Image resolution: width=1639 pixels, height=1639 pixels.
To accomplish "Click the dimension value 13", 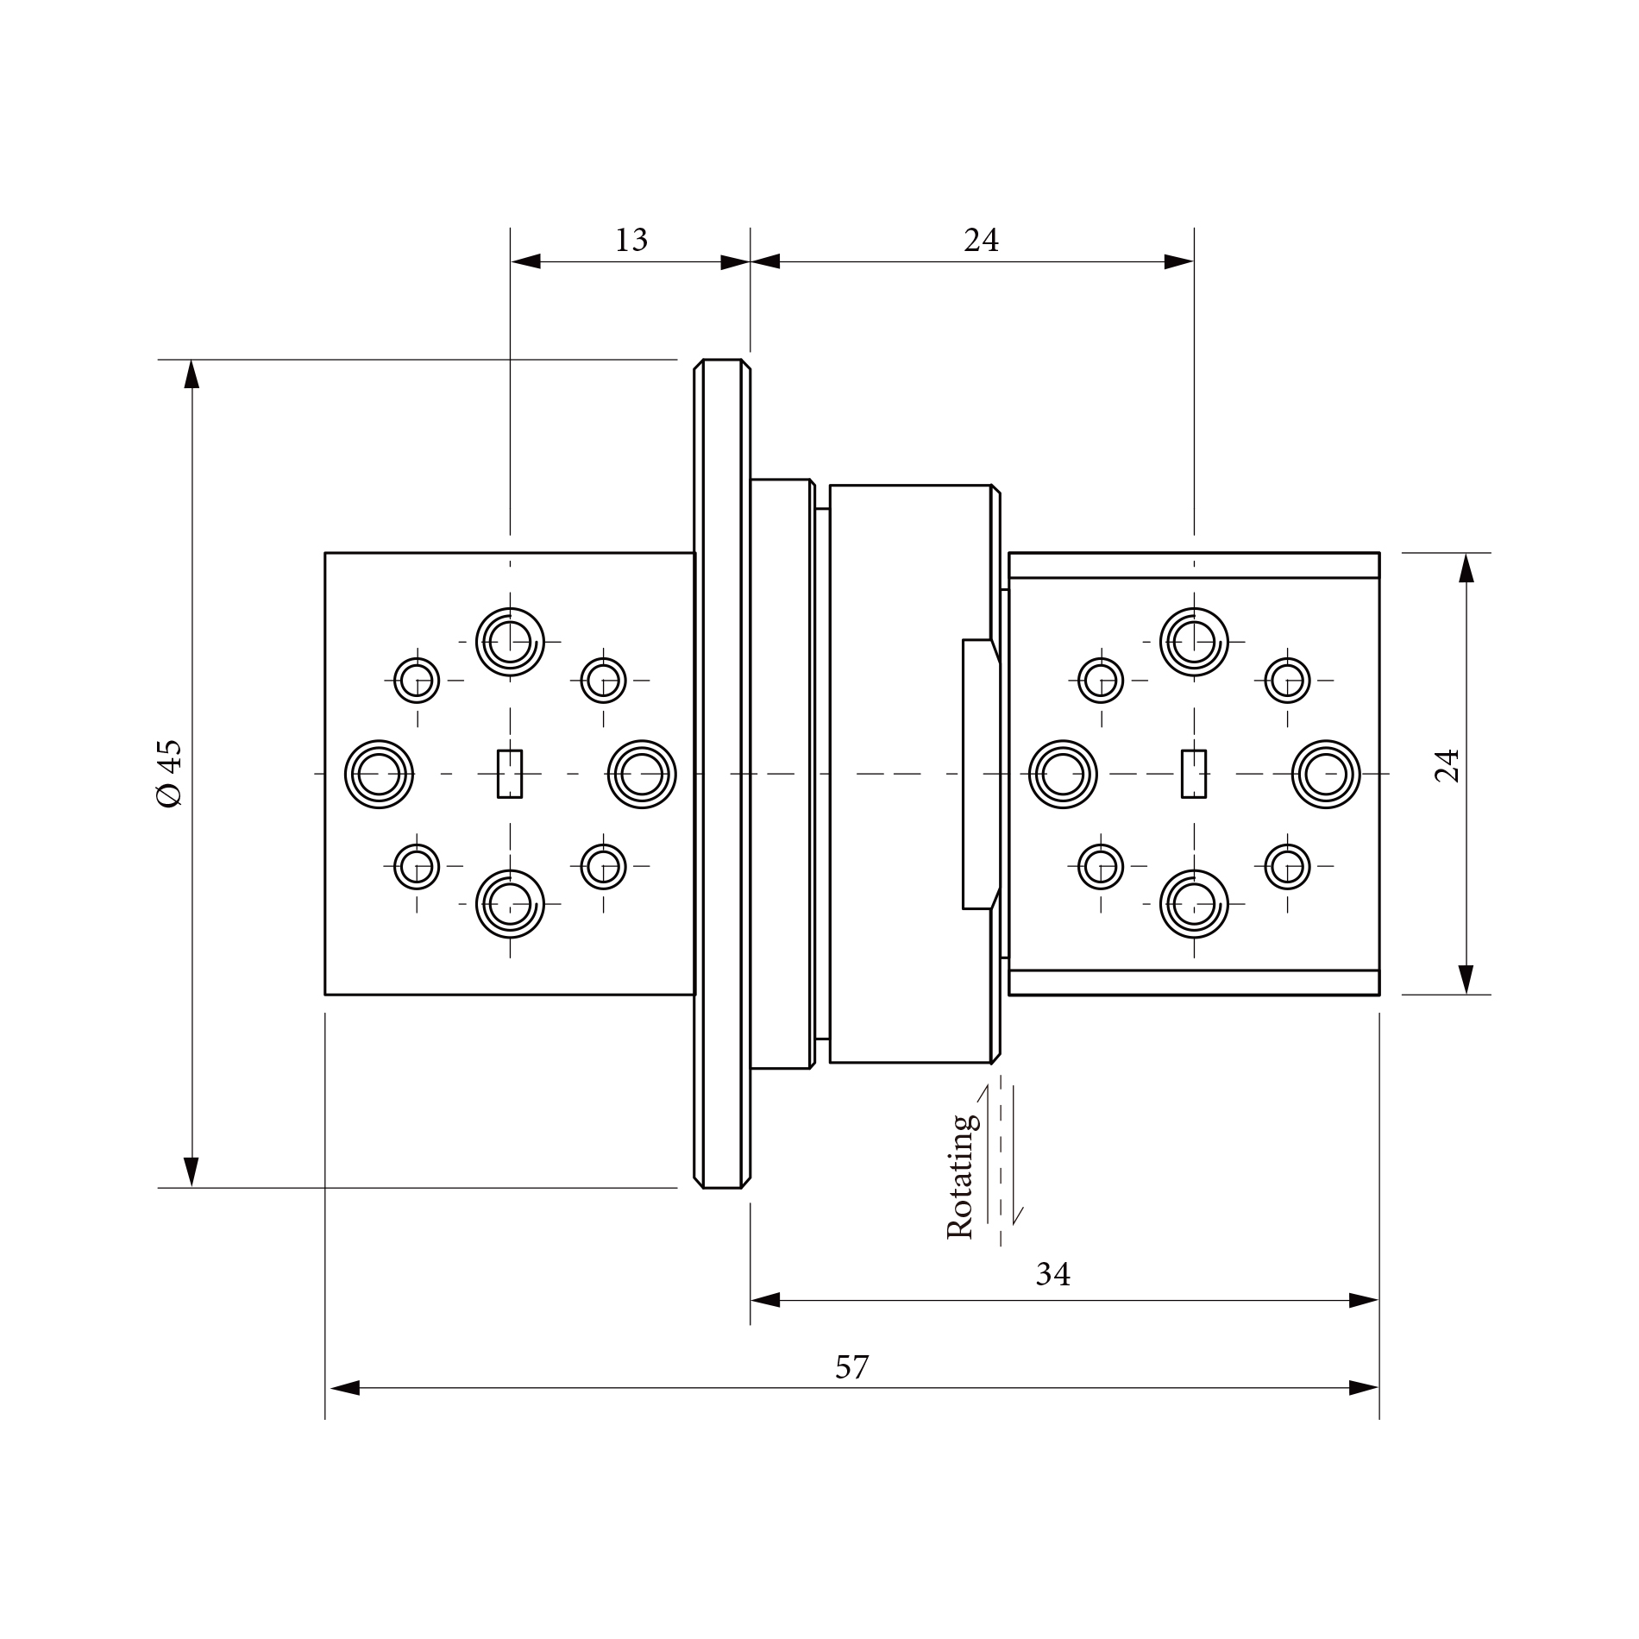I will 631,240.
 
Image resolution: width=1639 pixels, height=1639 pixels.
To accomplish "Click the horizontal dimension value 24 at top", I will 981,240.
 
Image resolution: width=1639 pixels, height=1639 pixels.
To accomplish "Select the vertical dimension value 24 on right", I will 1447,765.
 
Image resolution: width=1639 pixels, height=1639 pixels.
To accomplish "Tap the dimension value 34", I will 1052,1274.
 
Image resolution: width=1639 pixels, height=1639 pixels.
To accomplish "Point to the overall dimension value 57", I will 851,1368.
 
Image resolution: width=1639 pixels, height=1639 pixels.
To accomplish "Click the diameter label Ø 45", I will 169,773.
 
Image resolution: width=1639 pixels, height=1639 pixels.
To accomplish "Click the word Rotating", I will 961,1177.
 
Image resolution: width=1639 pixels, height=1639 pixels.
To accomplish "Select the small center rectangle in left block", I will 510,774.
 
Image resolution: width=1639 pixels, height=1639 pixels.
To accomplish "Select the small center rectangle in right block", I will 1194,774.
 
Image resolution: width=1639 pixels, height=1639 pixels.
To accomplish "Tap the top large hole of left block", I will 510,642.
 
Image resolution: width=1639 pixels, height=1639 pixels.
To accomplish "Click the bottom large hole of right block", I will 1194,904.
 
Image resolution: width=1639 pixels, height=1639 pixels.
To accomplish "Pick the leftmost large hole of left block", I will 379,774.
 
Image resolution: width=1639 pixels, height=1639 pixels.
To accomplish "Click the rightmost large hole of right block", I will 1326,774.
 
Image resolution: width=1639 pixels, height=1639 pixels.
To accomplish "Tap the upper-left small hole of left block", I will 417,680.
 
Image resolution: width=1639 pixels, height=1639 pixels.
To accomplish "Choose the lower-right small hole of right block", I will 1287,866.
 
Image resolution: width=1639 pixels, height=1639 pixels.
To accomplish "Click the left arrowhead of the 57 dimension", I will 343,1388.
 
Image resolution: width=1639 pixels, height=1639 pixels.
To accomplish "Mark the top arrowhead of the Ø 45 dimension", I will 192,374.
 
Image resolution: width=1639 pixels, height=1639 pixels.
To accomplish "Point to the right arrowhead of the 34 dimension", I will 1365,1301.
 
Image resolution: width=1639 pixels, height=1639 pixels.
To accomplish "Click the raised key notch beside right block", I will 979,774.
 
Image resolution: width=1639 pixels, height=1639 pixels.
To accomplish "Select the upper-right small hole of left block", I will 603,680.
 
